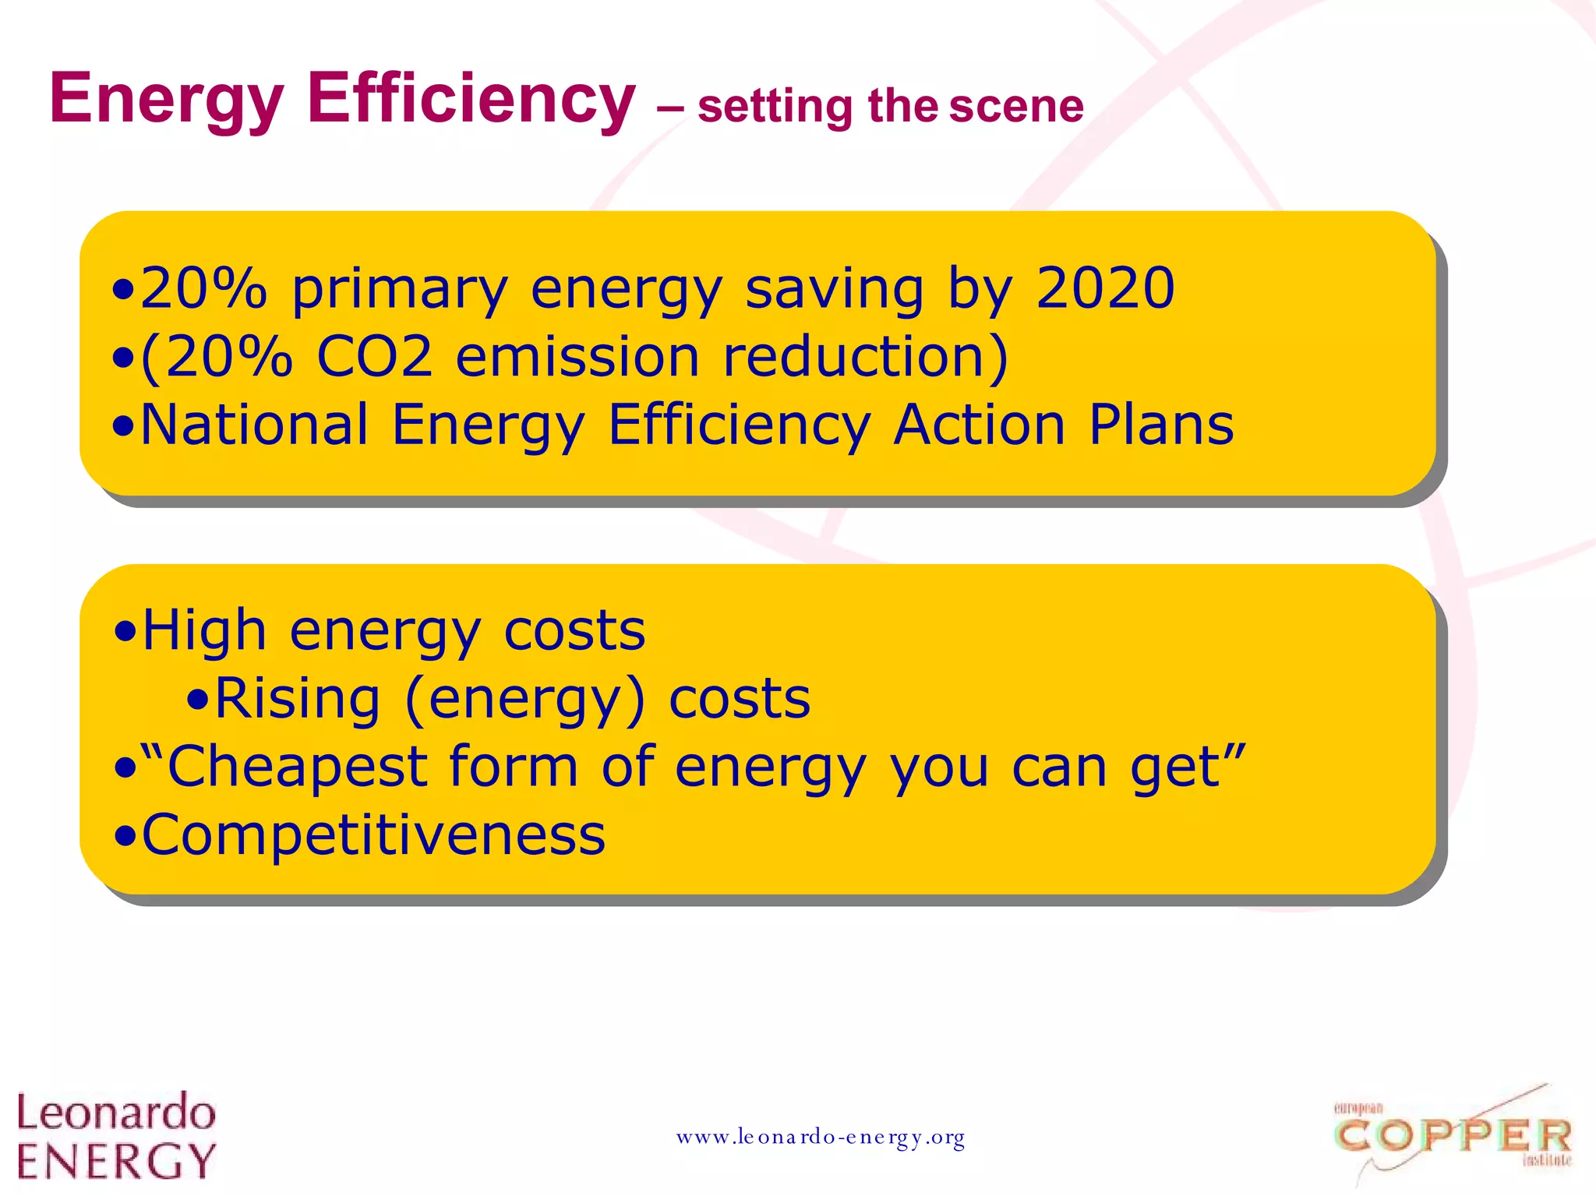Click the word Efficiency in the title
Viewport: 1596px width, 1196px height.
click(x=471, y=98)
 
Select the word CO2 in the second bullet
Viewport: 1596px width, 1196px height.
click(x=374, y=357)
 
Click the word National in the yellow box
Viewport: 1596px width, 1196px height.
click(x=254, y=425)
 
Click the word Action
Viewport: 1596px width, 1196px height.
click(x=980, y=425)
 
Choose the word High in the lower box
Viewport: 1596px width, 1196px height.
click(x=204, y=630)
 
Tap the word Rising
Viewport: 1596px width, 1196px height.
click(x=297, y=698)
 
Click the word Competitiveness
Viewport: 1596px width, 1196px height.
click(x=373, y=835)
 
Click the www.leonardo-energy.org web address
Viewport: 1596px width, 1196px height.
click(x=821, y=1138)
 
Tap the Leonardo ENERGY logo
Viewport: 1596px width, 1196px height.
click(x=116, y=1135)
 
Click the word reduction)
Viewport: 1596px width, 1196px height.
click(x=866, y=357)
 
